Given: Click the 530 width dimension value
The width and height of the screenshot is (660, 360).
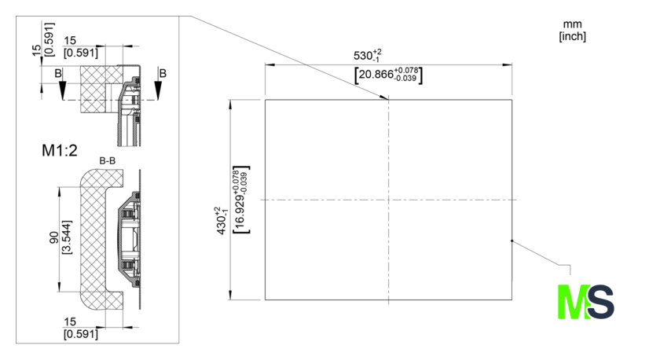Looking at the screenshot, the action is [368, 55].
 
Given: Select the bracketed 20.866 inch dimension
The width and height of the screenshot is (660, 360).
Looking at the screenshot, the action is [388, 75].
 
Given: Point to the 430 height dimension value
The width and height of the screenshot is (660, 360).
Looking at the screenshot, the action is [222, 221].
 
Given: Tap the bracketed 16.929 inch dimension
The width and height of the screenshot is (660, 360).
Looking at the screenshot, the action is [240, 200].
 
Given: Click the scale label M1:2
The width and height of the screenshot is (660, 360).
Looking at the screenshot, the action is [60, 150].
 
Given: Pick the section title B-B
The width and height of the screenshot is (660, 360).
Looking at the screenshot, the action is [108, 161].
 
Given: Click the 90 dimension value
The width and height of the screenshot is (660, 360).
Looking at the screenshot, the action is [54, 237].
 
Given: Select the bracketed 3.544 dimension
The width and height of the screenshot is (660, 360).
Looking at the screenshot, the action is [67, 237].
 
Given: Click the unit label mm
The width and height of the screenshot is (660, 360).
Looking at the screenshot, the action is [572, 25].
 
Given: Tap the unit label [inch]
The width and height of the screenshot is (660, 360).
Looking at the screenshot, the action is [573, 36].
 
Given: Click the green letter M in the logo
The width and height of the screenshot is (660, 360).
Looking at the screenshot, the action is [573, 302].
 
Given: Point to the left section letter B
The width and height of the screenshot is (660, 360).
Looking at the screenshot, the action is [58, 74].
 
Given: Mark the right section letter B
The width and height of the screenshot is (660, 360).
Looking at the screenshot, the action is [163, 74].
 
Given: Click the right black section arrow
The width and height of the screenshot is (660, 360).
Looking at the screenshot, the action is [158, 90].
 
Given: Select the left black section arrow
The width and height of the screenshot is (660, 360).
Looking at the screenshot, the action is [63, 90].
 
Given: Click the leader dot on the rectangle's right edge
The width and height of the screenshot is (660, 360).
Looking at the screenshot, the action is [511, 241].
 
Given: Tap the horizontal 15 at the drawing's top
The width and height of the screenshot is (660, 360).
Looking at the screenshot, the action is [70, 40].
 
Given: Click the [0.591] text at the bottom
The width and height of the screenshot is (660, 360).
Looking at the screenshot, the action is [81, 334].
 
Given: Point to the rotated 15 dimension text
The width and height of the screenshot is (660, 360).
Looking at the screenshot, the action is [37, 50].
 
